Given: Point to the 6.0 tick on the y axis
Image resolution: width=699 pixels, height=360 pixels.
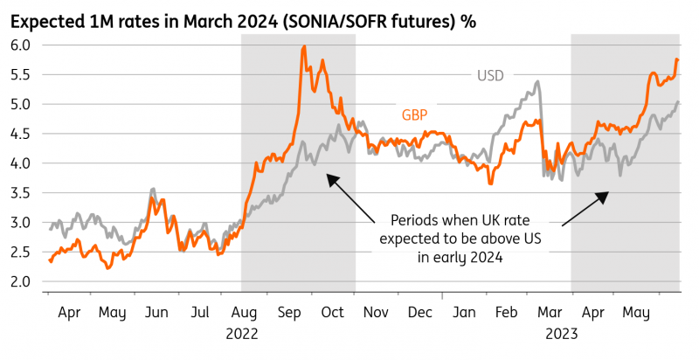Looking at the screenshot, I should click(21, 45).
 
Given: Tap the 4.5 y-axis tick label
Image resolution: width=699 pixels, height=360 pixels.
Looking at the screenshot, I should click(21, 134).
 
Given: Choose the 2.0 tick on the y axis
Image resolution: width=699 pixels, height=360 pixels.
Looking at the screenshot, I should click(21, 281).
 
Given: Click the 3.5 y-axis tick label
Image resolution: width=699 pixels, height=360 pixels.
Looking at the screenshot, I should click(21, 193).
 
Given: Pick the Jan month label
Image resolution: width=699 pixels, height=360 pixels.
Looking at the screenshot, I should click(465, 311).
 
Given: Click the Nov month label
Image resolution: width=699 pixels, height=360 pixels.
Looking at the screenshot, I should click(377, 311).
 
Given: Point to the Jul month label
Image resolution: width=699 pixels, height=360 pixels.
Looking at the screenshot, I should click(200, 311).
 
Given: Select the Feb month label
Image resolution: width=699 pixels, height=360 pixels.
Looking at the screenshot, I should click(507, 311).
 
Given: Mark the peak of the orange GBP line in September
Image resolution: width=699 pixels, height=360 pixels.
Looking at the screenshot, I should click(303, 47).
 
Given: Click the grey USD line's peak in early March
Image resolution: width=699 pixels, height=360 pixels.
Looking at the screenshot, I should click(536, 82).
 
